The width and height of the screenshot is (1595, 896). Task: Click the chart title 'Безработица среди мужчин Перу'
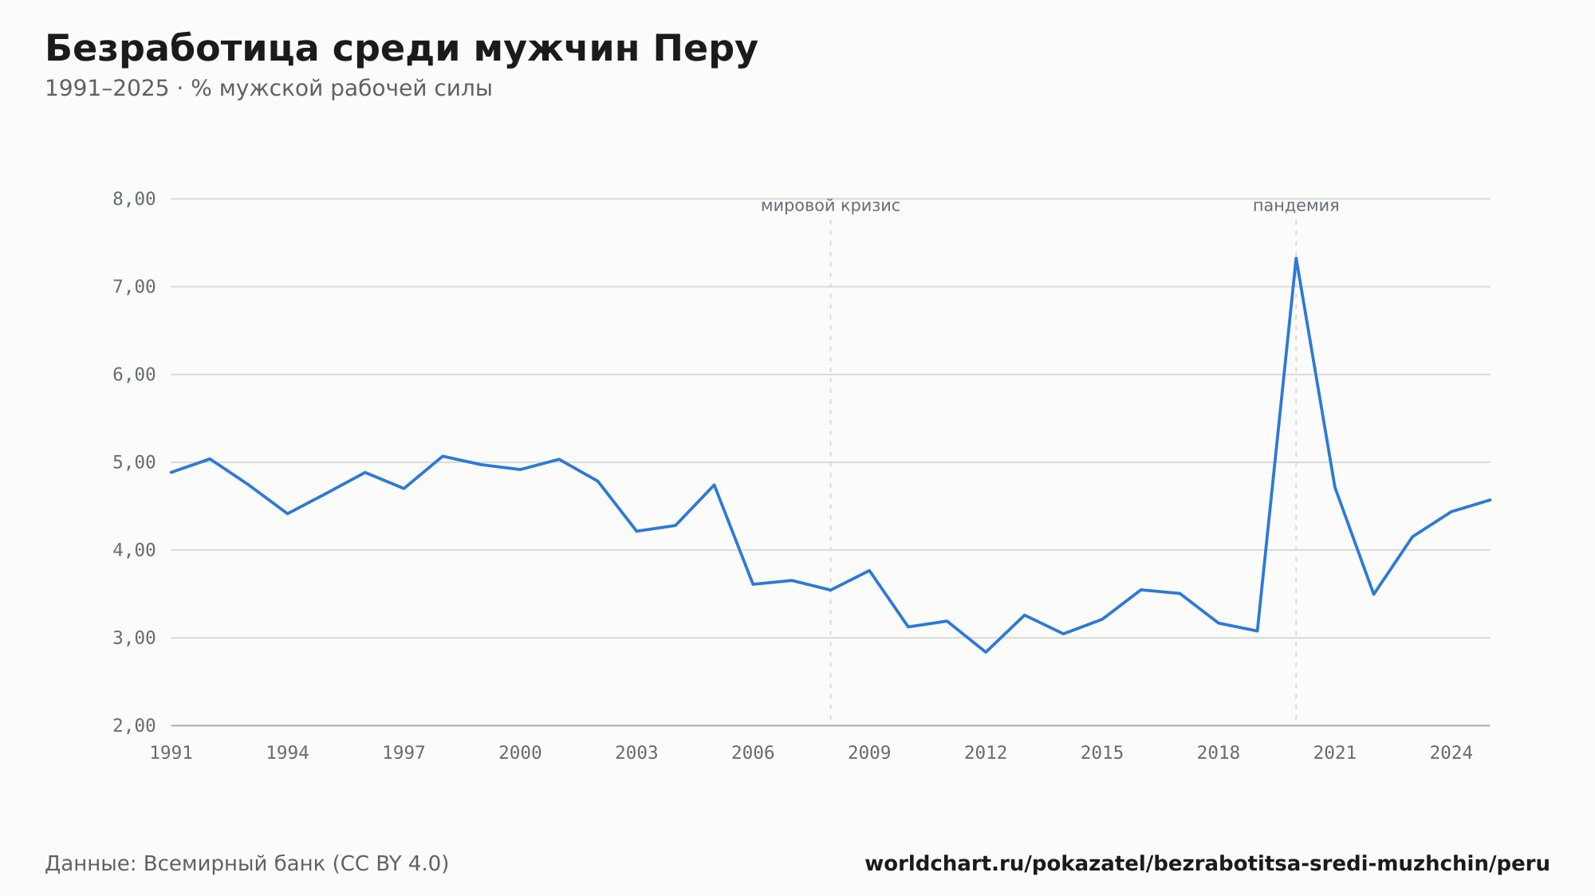(401, 49)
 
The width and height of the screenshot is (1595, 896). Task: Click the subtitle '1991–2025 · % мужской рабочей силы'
(269, 88)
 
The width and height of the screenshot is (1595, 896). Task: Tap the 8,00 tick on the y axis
(134, 199)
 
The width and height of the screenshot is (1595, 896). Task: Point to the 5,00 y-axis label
(134, 462)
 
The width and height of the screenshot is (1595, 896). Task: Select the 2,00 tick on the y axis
(134, 725)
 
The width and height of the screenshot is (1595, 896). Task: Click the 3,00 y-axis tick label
(134, 638)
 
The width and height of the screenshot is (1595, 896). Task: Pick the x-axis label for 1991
(171, 753)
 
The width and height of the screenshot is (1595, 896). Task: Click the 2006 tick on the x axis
(753, 753)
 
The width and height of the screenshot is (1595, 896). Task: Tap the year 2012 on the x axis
(986, 753)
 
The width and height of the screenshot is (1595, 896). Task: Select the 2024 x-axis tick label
(1451, 753)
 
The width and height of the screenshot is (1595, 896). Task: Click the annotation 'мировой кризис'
(830, 206)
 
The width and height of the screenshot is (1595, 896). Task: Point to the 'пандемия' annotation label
(1296, 206)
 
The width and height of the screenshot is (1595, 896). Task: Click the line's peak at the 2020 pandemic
(1296, 257)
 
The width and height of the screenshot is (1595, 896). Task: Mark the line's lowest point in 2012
(986, 652)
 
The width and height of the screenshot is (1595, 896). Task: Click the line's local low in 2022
(1373, 594)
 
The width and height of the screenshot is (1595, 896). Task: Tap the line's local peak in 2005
(714, 485)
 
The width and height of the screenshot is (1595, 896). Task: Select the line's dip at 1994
(287, 513)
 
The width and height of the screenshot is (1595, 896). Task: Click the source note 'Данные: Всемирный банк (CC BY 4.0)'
(247, 864)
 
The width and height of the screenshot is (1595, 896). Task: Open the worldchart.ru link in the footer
(1207, 864)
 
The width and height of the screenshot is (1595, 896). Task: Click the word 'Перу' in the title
(705, 49)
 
